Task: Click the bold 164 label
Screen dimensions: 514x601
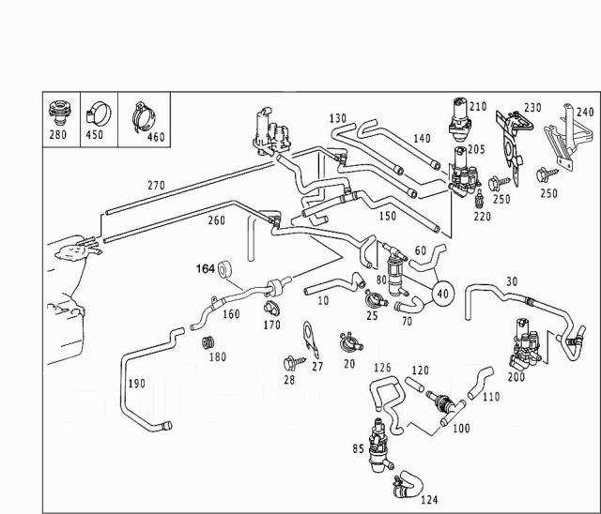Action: pyautogui.click(x=205, y=270)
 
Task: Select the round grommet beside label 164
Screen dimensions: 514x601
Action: pyautogui.click(x=226, y=273)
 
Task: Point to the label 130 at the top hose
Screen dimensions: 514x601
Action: pyautogui.click(x=338, y=118)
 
